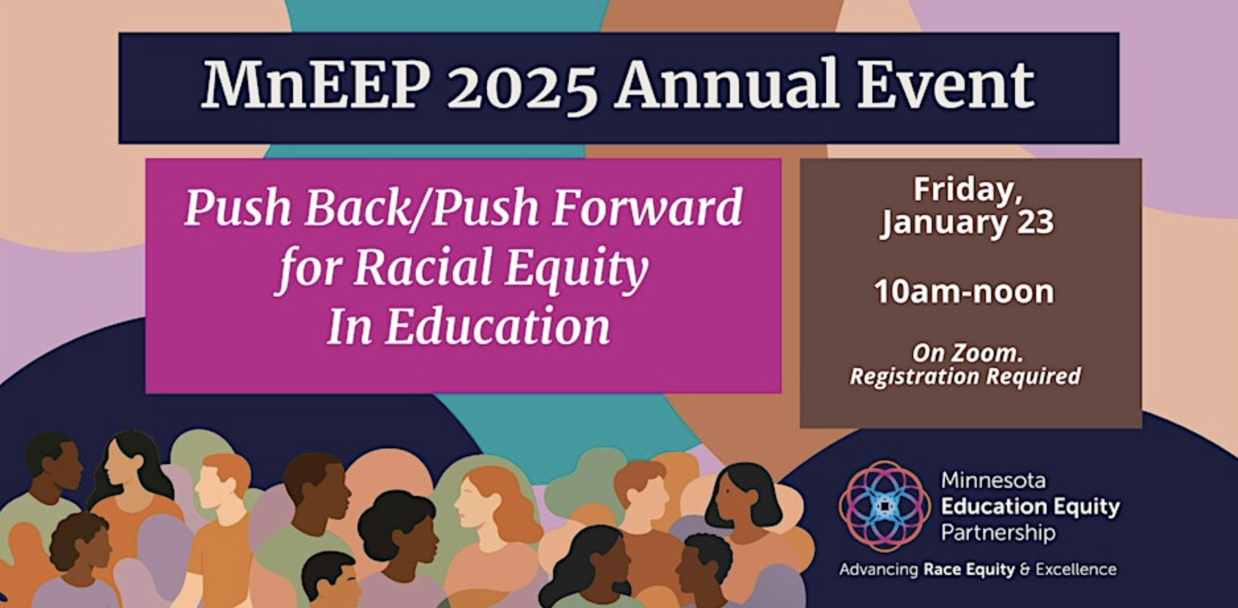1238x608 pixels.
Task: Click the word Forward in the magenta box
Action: tap(647, 208)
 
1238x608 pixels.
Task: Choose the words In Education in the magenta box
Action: tap(468, 326)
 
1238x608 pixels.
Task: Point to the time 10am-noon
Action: tap(964, 291)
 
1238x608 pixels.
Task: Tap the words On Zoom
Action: tap(967, 353)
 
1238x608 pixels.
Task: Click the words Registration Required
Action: tap(965, 377)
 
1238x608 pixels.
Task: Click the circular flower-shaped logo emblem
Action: tap(885, 506)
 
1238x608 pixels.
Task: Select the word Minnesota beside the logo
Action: tap(993, 480)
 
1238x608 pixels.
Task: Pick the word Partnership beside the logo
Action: tap(998, 532)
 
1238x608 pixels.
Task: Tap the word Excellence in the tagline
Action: tap(1076, 569)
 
